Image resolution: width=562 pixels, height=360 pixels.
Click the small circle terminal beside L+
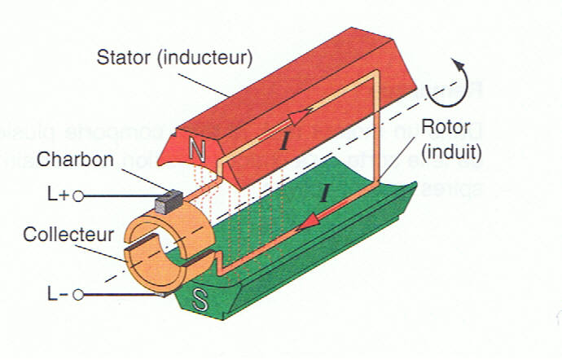79,195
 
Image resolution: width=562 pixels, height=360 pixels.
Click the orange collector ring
160,244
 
